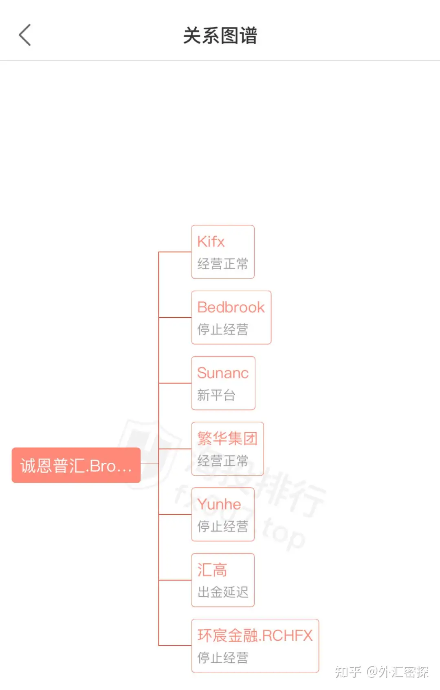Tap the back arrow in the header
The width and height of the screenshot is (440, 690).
click(25, 35)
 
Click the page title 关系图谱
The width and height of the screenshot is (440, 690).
click(220, 35)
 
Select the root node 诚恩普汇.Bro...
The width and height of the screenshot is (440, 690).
click(76, 465)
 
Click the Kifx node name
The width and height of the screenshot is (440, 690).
click(211, 242)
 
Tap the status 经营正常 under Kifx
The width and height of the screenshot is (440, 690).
click(223, 264)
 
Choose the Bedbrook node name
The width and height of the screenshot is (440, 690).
click(231, 307)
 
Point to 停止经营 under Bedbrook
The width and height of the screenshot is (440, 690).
click(223, 329)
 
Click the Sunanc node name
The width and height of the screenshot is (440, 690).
click(223, 373)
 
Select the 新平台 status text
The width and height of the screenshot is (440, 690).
click(216, 395)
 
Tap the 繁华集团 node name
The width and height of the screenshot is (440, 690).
click(227, 439)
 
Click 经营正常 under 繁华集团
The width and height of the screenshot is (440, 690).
click(223, 461)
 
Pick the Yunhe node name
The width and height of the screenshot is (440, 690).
click(219, 504)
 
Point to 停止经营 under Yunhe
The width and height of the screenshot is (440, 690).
click(223, 526)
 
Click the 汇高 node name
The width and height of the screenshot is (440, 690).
click(212, 570)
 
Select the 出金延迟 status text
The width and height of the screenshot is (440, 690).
click(223, 592)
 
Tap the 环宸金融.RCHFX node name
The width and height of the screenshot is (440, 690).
click(255, 635)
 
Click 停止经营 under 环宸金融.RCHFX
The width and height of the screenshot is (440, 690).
click(223, 657)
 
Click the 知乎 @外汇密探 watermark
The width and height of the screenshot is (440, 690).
click(382, 672)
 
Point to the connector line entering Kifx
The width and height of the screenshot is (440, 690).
click(175, 252)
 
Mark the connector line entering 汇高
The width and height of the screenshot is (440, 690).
click(175, 580)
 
